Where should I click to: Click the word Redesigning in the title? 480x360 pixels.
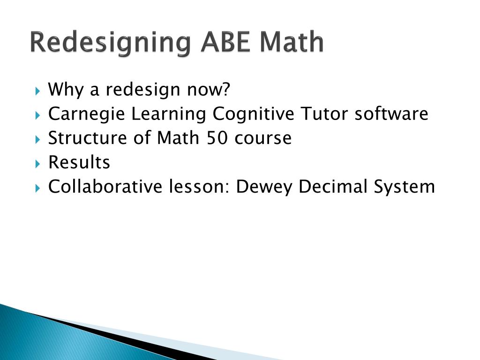coord(110,43)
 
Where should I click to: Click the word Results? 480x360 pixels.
coord(79,163)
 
